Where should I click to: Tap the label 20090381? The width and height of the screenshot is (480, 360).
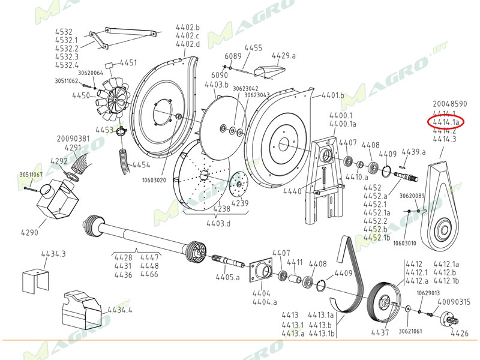73,139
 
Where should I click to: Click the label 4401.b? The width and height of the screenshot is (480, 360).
332,95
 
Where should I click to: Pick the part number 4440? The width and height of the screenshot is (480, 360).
292,191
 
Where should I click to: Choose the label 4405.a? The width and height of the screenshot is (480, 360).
228,277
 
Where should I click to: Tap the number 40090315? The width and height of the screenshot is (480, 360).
454,302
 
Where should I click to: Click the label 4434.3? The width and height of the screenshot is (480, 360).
53,254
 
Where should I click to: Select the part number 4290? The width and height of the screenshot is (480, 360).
30,232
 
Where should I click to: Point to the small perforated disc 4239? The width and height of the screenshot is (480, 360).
239,184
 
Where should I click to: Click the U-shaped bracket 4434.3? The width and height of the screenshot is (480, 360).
35,280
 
